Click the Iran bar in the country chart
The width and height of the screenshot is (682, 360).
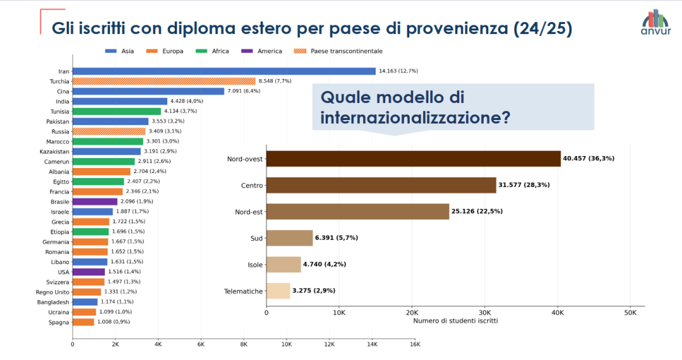224,71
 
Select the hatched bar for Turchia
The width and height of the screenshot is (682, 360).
164,81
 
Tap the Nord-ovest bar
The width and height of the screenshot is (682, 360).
413,159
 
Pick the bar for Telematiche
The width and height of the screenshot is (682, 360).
278,291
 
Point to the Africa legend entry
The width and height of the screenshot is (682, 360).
213,51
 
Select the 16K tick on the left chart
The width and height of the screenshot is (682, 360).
415,344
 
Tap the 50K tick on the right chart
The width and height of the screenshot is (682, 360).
630,313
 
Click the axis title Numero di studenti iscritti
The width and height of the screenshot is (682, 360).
455,321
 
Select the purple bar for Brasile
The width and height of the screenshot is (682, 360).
95,201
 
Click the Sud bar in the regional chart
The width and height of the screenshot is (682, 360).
289,237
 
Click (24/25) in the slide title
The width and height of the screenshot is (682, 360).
543,28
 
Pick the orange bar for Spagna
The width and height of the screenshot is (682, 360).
83,322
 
